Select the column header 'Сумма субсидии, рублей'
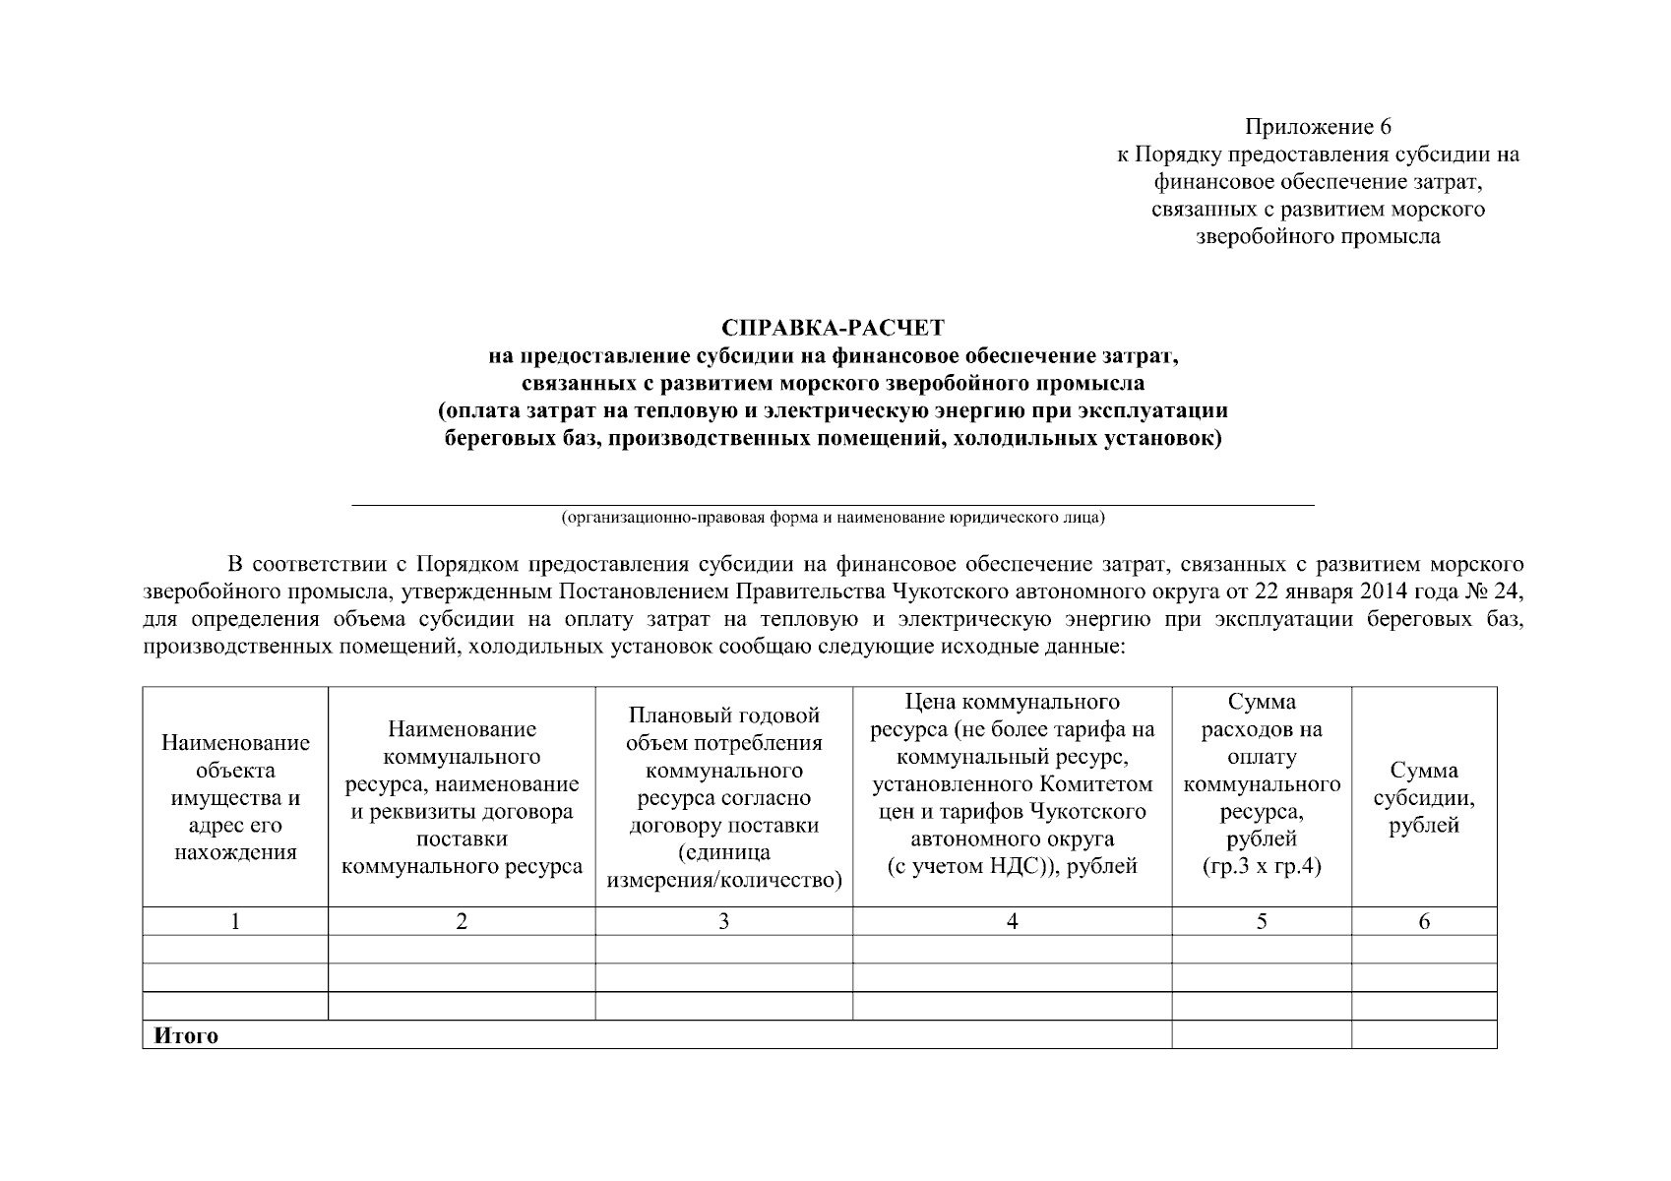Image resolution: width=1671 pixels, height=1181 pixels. coord(1423,797)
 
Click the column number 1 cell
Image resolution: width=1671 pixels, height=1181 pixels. coord(235,921)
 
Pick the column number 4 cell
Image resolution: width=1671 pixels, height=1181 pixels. coord(1012,921)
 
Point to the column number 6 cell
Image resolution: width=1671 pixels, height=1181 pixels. coord(1423,921)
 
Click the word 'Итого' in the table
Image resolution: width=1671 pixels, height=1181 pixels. coord(186,1035)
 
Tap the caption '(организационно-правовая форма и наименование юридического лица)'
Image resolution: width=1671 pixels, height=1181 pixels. coord(833,517)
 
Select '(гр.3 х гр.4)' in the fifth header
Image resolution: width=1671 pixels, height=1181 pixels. coord(1261,867)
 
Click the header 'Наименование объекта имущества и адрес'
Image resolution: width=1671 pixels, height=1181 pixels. coord(235,797)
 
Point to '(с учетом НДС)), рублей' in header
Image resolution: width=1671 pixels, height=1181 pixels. coord(1012,866)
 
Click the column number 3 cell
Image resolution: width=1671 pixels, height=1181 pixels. coord(723,921)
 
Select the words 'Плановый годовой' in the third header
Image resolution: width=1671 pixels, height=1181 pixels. coord(723,715)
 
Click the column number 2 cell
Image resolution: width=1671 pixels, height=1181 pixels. coord(461,921)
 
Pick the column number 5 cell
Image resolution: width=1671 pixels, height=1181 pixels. coord(1261,921)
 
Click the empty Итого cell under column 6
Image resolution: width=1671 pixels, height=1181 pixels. coord(1423,1034)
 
